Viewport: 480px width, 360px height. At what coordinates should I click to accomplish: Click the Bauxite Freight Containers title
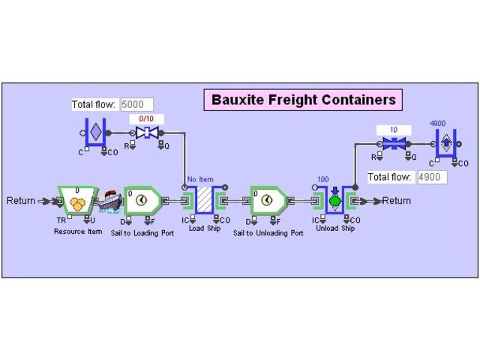[x=303, y=100]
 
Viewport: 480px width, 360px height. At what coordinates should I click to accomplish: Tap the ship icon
[x=110, y=200]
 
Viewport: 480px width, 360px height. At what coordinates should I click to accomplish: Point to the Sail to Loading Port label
[x=142, y=233]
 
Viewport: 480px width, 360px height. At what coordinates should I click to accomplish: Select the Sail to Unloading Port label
[x=268, y=233]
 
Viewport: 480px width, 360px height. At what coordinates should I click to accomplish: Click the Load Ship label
[x=204, y=228]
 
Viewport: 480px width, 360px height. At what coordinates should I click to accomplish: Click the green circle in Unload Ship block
[x=334, y=201]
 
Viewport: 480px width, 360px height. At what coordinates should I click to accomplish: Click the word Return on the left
[x=21, y=201]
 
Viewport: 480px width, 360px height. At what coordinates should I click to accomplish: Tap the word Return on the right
[x=396, y=201]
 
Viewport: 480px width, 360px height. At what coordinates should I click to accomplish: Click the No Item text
[x=201, y=180]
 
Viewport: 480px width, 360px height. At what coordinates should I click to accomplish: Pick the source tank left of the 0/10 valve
[x=95, y=133]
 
